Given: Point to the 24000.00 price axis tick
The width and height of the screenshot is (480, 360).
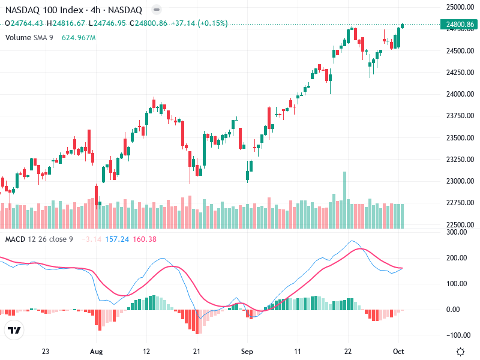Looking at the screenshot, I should pos(460,94).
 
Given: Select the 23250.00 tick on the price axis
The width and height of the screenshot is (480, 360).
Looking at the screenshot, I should pos(460,160).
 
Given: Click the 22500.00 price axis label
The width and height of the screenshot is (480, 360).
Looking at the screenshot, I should pos(460,225).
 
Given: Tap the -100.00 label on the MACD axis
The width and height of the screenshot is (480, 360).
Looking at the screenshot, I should pos(457,335).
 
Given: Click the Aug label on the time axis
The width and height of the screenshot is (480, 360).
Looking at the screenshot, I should pos(96,352).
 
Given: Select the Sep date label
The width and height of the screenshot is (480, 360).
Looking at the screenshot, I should pos(247,352).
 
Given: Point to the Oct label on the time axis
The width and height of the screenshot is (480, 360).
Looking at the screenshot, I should pos(398,352).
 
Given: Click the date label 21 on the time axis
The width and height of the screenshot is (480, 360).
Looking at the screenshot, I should pos(197,352).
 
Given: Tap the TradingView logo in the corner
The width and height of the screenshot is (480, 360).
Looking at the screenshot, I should pos(14,330).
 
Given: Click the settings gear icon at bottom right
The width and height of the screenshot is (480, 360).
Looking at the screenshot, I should pos(460,352).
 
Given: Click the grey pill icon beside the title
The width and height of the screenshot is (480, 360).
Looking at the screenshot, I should pos(156,10).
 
